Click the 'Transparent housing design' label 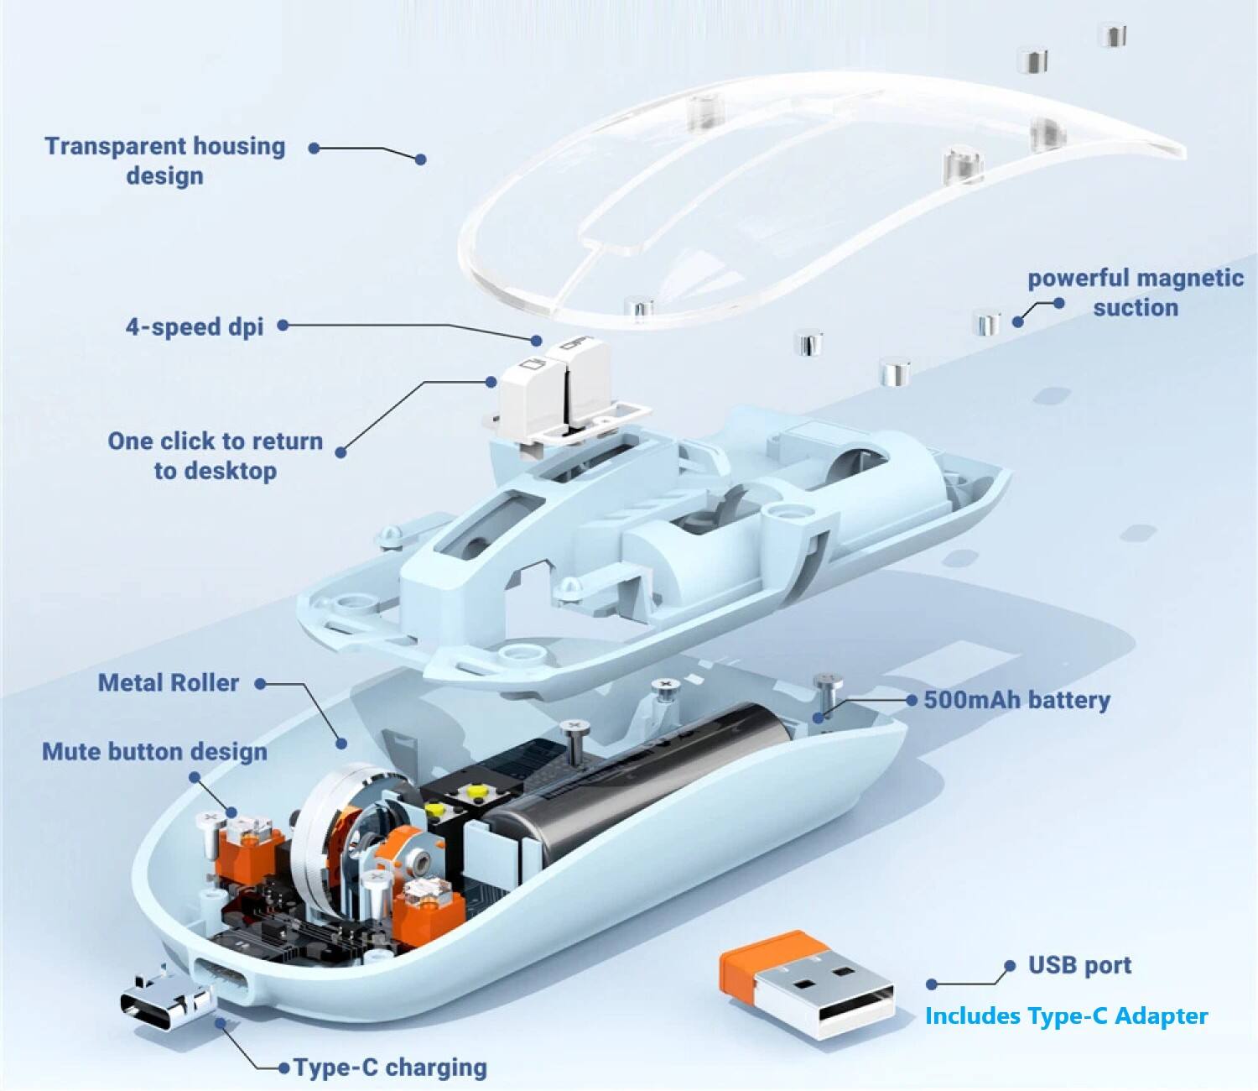click(165, 161)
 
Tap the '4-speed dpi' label click(195, 327)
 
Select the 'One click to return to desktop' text click(216, 456)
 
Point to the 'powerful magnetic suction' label click(1136, 292)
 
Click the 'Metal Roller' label click(169, 683)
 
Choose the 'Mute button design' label click(154, 752)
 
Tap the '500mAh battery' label click(1017, 700)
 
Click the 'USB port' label click(1079, 965)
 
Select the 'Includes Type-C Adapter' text click(1066, 1016)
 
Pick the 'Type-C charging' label click(391, 1068)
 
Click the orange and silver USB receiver click(807, 986)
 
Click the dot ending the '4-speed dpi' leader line click(536, 340)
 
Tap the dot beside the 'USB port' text click(1011, 965)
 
